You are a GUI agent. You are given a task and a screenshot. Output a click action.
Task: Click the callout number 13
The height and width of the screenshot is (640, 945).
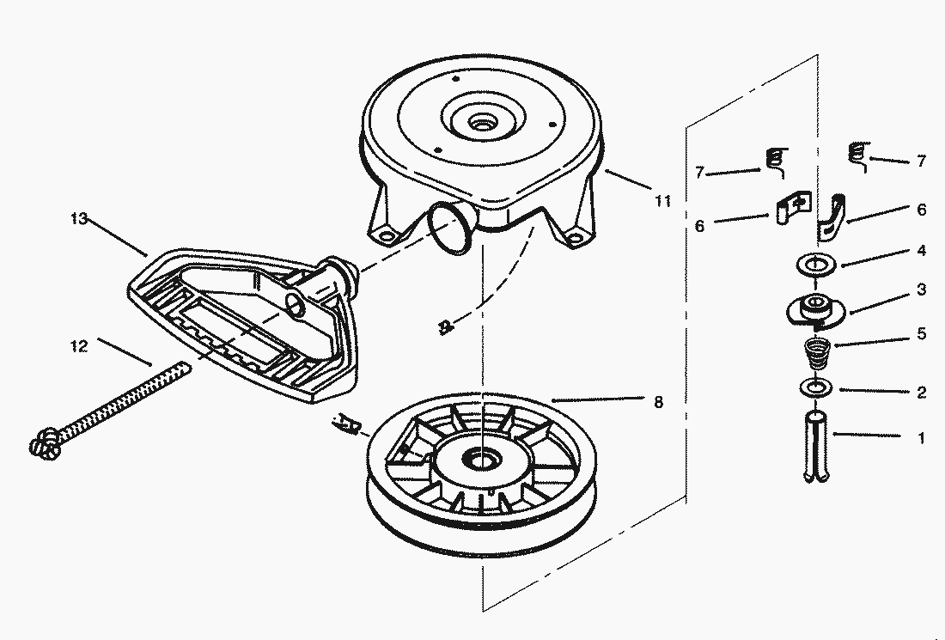79,219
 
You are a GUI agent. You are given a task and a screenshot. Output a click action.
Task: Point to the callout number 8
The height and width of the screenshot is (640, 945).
659,401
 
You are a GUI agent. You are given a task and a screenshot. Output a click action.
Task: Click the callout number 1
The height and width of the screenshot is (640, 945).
921,437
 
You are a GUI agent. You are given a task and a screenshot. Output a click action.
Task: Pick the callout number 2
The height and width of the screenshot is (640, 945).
921,393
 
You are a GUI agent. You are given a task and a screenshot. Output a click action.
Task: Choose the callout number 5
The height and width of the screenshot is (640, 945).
921,334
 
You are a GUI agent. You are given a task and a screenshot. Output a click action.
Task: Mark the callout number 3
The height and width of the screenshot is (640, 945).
921,290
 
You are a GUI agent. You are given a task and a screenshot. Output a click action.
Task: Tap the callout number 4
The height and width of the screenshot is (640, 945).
921,251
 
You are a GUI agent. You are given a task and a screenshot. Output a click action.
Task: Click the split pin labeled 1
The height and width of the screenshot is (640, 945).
817,447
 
